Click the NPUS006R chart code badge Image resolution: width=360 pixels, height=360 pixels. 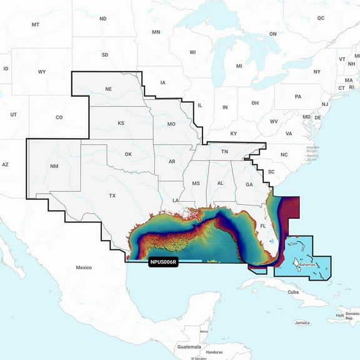(164, 262)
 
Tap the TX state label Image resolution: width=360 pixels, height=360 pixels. (112, 196)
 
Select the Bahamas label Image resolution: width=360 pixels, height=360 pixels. (307, 265)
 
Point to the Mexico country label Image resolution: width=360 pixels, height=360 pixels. (84, 267)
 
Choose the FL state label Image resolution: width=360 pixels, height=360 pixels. (263, 225)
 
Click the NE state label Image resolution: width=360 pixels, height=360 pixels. (108, 89)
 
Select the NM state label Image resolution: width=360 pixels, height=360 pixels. (54, 166)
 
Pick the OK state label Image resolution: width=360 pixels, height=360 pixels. (128, 154)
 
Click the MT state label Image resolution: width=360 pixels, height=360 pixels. (35, 24)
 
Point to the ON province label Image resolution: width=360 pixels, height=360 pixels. (272, 34)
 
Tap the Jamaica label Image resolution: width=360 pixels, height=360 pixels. (302, 322)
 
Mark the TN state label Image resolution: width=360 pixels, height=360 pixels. (224, 151)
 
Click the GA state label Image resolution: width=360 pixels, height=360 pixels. (249, 184)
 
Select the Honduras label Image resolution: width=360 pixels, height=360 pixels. (214, 352)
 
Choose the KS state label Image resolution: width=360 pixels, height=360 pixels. (121, 123)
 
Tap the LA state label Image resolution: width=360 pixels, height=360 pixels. (176, 200)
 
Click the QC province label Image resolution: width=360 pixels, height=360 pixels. (321, 19)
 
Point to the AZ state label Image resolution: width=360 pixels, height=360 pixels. (5, 164)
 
